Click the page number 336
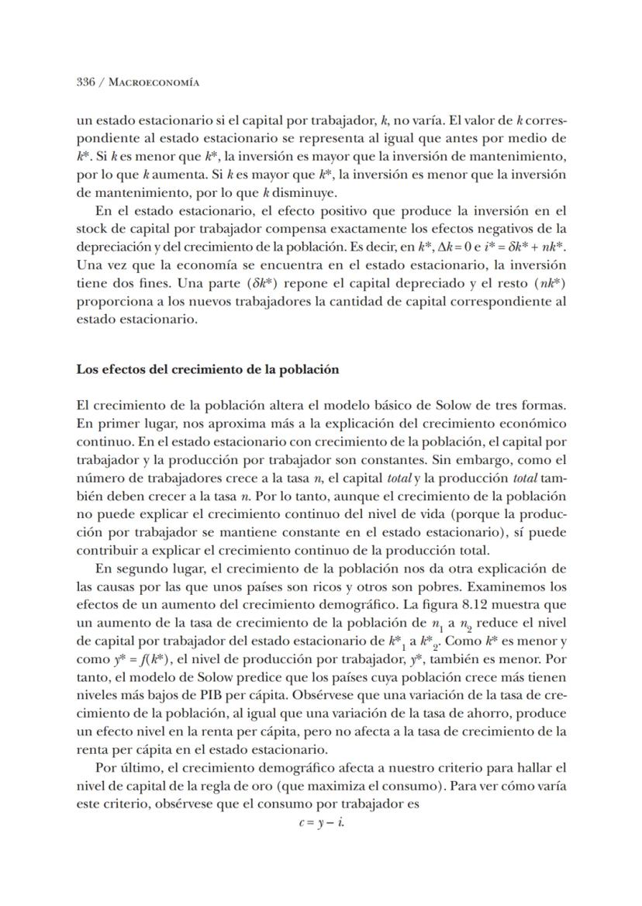point(85,81)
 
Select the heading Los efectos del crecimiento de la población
point(207,369)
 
